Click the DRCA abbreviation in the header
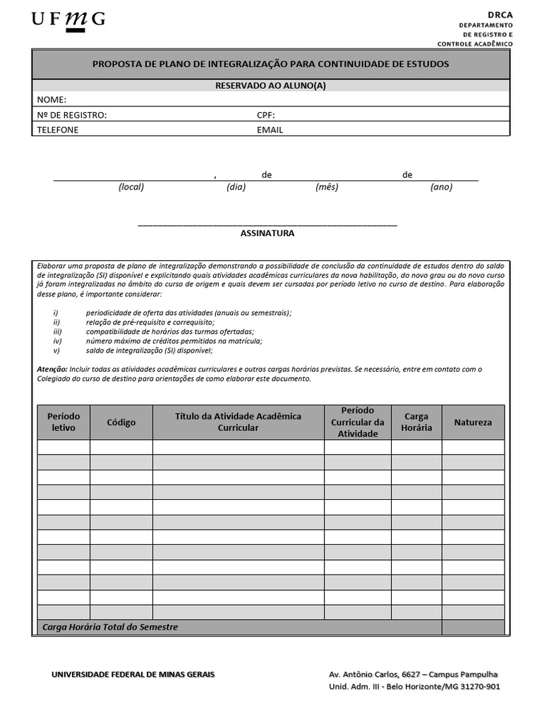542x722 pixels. point(500,14)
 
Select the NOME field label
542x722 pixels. point(52,99)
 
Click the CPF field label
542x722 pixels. point(265,115)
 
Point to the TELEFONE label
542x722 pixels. point(58,130)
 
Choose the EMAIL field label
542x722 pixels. point(270,130)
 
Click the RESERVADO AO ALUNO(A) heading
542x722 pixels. point(270,85)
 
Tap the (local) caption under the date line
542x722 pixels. point(131,187)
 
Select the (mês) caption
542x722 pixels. point(327,187)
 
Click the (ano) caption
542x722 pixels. point(441,187)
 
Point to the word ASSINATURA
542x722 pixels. point(267,233)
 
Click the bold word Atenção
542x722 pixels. point(52,369)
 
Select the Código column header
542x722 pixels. point(121,422)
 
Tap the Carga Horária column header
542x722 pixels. point(416,422)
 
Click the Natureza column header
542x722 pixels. point(473,422)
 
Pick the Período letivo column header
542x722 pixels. point(64,422)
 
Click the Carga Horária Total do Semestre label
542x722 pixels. point(110,627)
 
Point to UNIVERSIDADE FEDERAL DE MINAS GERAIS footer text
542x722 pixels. point(133,674)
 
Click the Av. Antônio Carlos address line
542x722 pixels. point(413,674)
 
